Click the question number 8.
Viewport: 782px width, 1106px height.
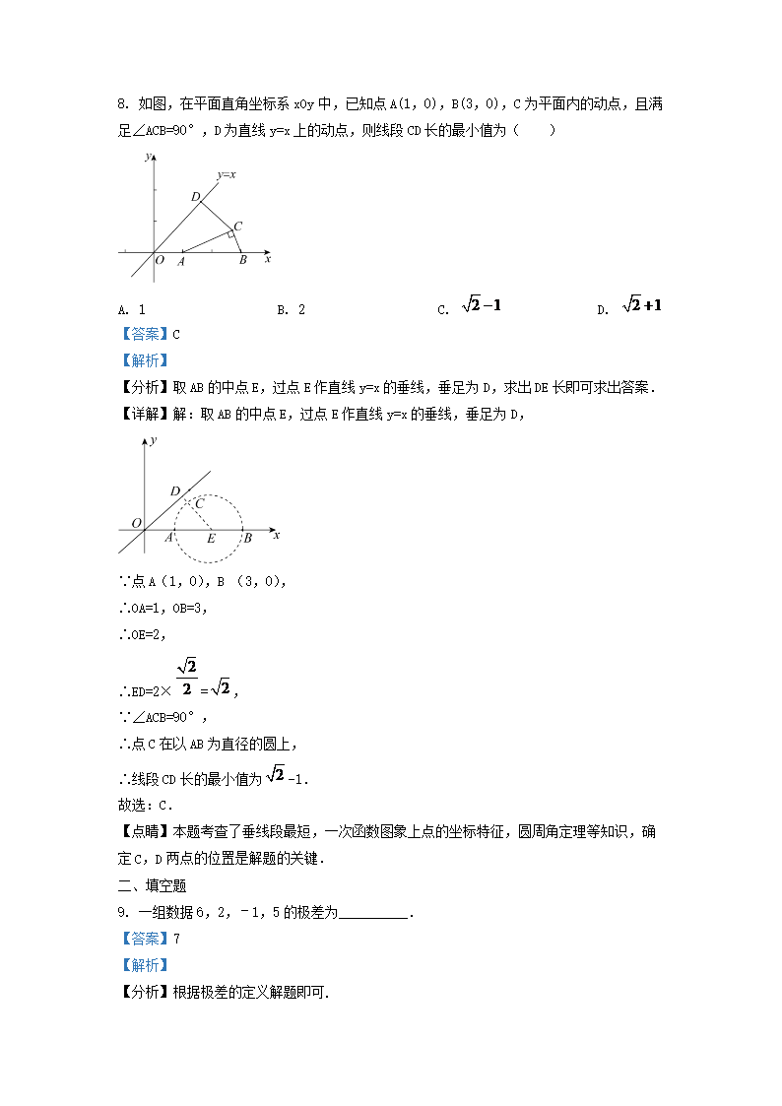click(x=122, y=103)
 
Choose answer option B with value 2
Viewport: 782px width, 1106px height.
click(x=291, y=309)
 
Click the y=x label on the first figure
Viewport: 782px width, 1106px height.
click(x=226, y=174)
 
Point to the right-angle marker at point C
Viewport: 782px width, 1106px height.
click(x=230, y=232)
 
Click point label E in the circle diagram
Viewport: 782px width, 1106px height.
click(x=210, y=539)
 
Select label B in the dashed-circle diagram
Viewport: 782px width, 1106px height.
click(x=247, y=538)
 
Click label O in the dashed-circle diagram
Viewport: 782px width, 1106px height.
click(x=136, y=523)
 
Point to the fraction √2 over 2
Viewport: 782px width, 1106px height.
click(x=187, y=679)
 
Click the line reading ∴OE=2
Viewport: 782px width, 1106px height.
click(x=148, y=634)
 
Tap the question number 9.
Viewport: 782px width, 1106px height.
click(x=122, y=913)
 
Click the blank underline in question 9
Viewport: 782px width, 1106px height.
click(x=374, y=913)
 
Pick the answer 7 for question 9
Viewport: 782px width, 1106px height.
click(x=176, y=940)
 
